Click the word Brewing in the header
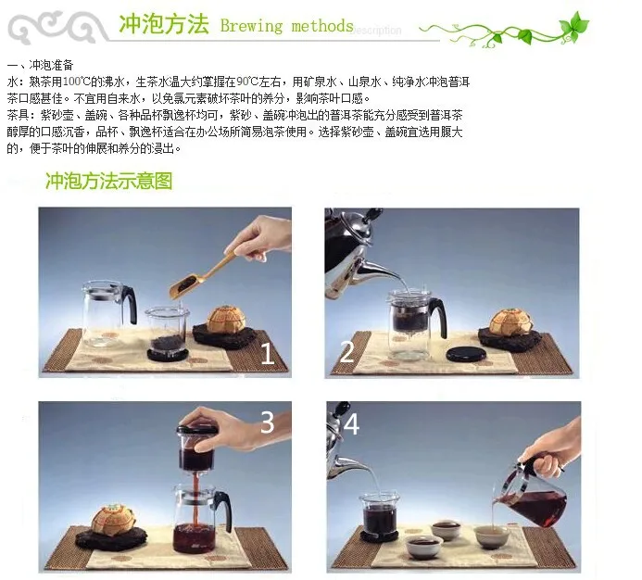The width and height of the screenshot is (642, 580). click(x=251, y=26)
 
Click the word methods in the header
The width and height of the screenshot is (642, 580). click(x=322, y=26)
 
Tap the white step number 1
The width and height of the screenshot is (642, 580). click(x=267, y=353)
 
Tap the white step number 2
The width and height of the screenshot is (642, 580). click(x=347, y=351)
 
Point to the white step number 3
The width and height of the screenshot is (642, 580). click(x=267, y=422)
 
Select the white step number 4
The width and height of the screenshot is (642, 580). click(x=351, y=424)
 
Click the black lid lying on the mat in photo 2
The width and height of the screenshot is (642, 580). click(x=466, y=354)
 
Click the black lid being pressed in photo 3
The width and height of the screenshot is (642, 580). click(x=197, y=431)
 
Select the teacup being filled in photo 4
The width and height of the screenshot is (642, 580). click(x=491, y=536)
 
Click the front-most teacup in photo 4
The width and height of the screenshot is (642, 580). click(x=424, y=547)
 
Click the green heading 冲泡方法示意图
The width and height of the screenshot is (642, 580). click(x=109, y=181)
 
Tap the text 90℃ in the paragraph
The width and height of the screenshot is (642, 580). click(x=247, y=82)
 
